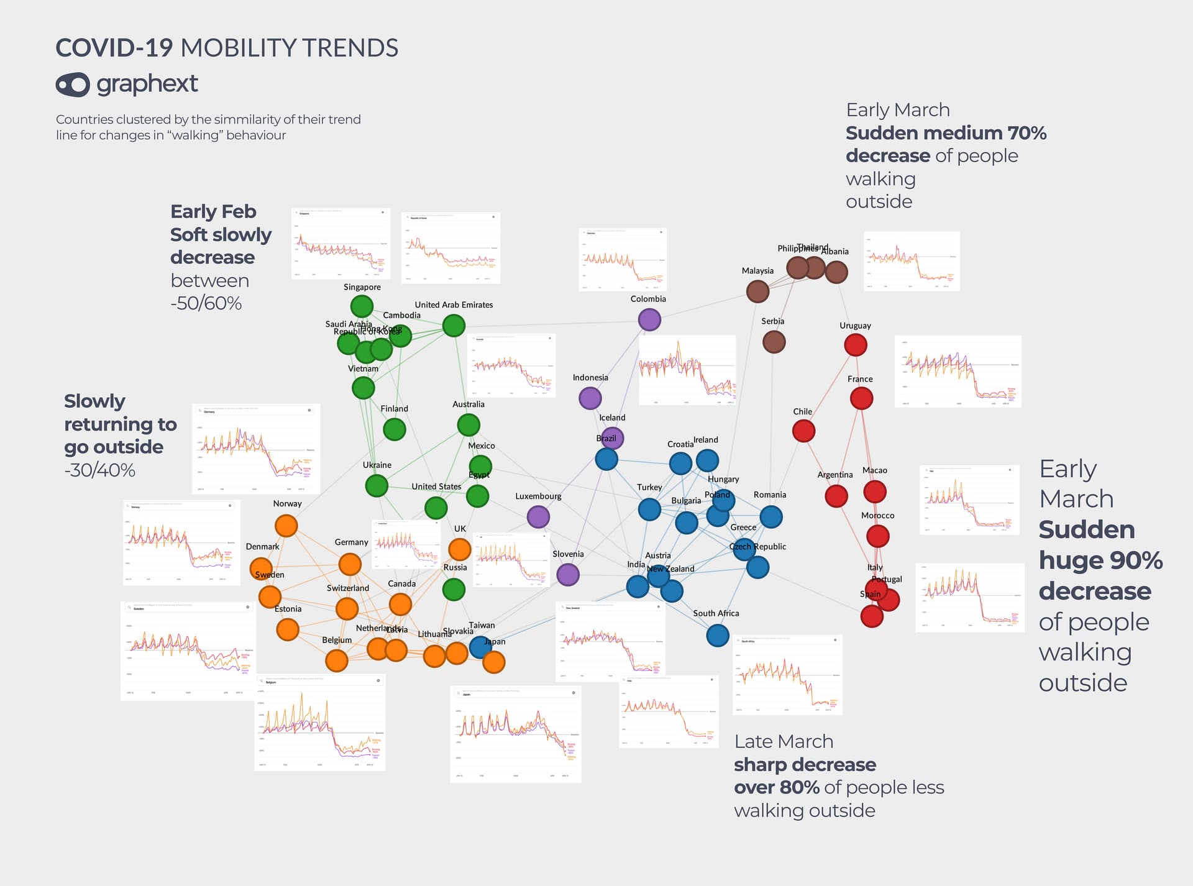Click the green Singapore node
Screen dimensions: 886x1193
[362, 306]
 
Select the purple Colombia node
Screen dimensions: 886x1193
[649, 320]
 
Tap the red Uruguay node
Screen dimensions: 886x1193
[856, 345]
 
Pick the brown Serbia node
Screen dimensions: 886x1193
[774, 342]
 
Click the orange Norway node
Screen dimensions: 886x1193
[286, 526]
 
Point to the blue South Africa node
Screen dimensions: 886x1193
[718, 636]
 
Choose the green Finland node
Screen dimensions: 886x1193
[395, 429]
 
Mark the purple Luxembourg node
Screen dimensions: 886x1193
[538, 516]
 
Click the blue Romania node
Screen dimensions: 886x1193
[771, 516]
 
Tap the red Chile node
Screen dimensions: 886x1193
[803, 431]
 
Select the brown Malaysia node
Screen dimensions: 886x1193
[757, 291]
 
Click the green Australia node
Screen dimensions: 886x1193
[469, 425]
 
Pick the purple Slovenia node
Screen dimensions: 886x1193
[568, 575]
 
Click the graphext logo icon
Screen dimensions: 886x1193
[73, 84]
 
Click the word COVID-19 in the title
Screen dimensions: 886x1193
[114, 48]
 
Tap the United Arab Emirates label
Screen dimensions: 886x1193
[454, 305]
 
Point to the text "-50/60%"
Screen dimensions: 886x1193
[206, 303]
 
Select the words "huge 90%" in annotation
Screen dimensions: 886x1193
[1100, 560]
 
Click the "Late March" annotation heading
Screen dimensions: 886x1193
[784, 742]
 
